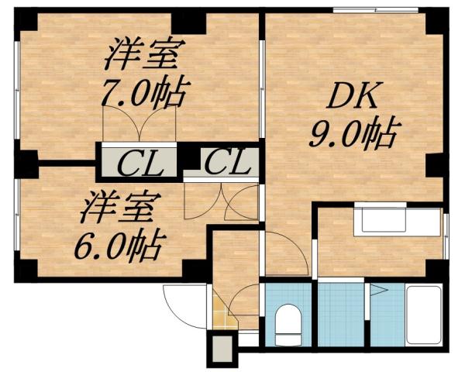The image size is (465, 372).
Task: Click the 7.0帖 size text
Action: [145, 95]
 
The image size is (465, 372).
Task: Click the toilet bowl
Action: [288, 321]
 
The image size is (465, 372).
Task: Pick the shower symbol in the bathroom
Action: [379, 292]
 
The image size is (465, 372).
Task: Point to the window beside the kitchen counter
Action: [448, 232]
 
